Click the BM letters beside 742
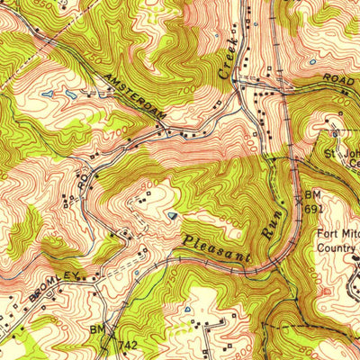pyautogui.click(x=97, y=332)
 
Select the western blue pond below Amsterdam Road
pyautogui.click(x=47, y=94)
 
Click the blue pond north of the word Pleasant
pyautogui.click(x=172, y=215)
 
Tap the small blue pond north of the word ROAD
pyautogui.click(x=311, y=62)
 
